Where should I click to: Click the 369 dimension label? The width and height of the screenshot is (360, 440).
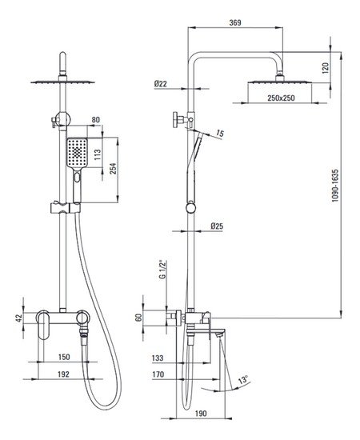point(235,22)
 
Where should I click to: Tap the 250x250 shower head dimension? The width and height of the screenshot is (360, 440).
point(281,98)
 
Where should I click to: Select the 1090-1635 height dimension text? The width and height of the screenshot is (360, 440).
point(335,186)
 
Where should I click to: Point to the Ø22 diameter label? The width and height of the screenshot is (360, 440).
point(161,83)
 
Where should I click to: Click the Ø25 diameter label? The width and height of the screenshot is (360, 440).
point(217,226)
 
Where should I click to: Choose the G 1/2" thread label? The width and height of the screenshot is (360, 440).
point(162,270)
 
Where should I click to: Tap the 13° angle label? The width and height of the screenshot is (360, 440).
point(243,380)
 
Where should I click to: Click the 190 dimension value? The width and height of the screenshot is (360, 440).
point(201,413)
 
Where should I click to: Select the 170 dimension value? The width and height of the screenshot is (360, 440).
point(158,374)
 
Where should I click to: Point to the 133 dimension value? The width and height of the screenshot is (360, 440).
point(158,358)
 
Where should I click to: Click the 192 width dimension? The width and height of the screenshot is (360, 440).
point(63,374)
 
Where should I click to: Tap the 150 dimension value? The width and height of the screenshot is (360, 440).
point(64,357)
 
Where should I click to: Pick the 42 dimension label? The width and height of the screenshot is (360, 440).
point(19,318)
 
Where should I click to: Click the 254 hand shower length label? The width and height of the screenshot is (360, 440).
point(113,169)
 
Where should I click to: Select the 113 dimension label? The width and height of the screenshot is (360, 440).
point(98,155)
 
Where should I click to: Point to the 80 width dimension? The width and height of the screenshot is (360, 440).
point(96,119)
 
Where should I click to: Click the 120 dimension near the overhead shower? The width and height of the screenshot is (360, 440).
point(326,68)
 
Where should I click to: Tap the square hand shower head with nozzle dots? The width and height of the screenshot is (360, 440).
point(77,153)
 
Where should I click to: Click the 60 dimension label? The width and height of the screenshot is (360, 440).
point(138,318)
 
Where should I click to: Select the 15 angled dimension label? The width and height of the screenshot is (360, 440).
point(221,134)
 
